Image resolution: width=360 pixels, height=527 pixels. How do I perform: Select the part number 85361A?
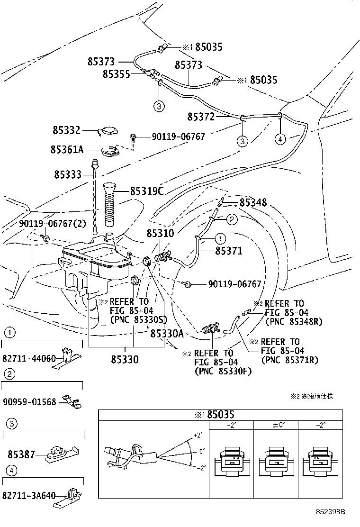point(67,150)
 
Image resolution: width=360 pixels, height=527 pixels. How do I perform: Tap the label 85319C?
point(147,191)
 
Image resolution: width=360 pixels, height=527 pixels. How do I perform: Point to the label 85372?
point(201,117)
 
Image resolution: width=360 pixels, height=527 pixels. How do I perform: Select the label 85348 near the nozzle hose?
point(253,203)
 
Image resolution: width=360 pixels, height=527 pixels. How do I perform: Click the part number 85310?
point(160,233)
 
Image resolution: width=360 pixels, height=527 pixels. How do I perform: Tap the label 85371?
point(229,251)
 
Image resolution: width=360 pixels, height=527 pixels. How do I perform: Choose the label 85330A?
point(167,334)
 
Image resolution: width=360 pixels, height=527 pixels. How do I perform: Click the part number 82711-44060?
point(29,359)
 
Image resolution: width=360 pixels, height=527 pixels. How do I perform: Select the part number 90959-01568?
point(29,401)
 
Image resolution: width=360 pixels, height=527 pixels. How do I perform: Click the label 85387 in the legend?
point(21,454)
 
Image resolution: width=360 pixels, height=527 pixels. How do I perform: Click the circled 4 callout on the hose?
point(280,139)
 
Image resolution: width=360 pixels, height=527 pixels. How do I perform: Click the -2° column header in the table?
point(321,425)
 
